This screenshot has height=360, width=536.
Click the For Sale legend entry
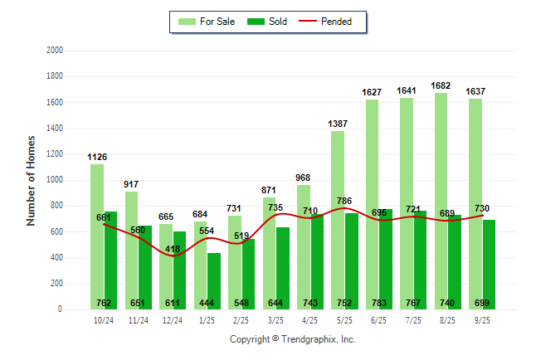[x=207, y=22]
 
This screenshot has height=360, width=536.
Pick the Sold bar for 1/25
[x=214, y=282]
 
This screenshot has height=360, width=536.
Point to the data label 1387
[x=338, y=124]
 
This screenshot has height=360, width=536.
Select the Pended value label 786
[x=344, y=201]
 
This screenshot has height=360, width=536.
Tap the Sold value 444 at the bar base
[x=207, y=303]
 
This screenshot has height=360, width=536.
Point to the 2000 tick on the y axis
[x=55, y=51]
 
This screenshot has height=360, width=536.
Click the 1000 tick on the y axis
[x=55, y=180]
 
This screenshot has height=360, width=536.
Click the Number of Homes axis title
[x=32, y=180]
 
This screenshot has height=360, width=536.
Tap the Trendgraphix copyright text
[x=292, y=339]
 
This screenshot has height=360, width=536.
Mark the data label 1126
[x=97, y=157]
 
